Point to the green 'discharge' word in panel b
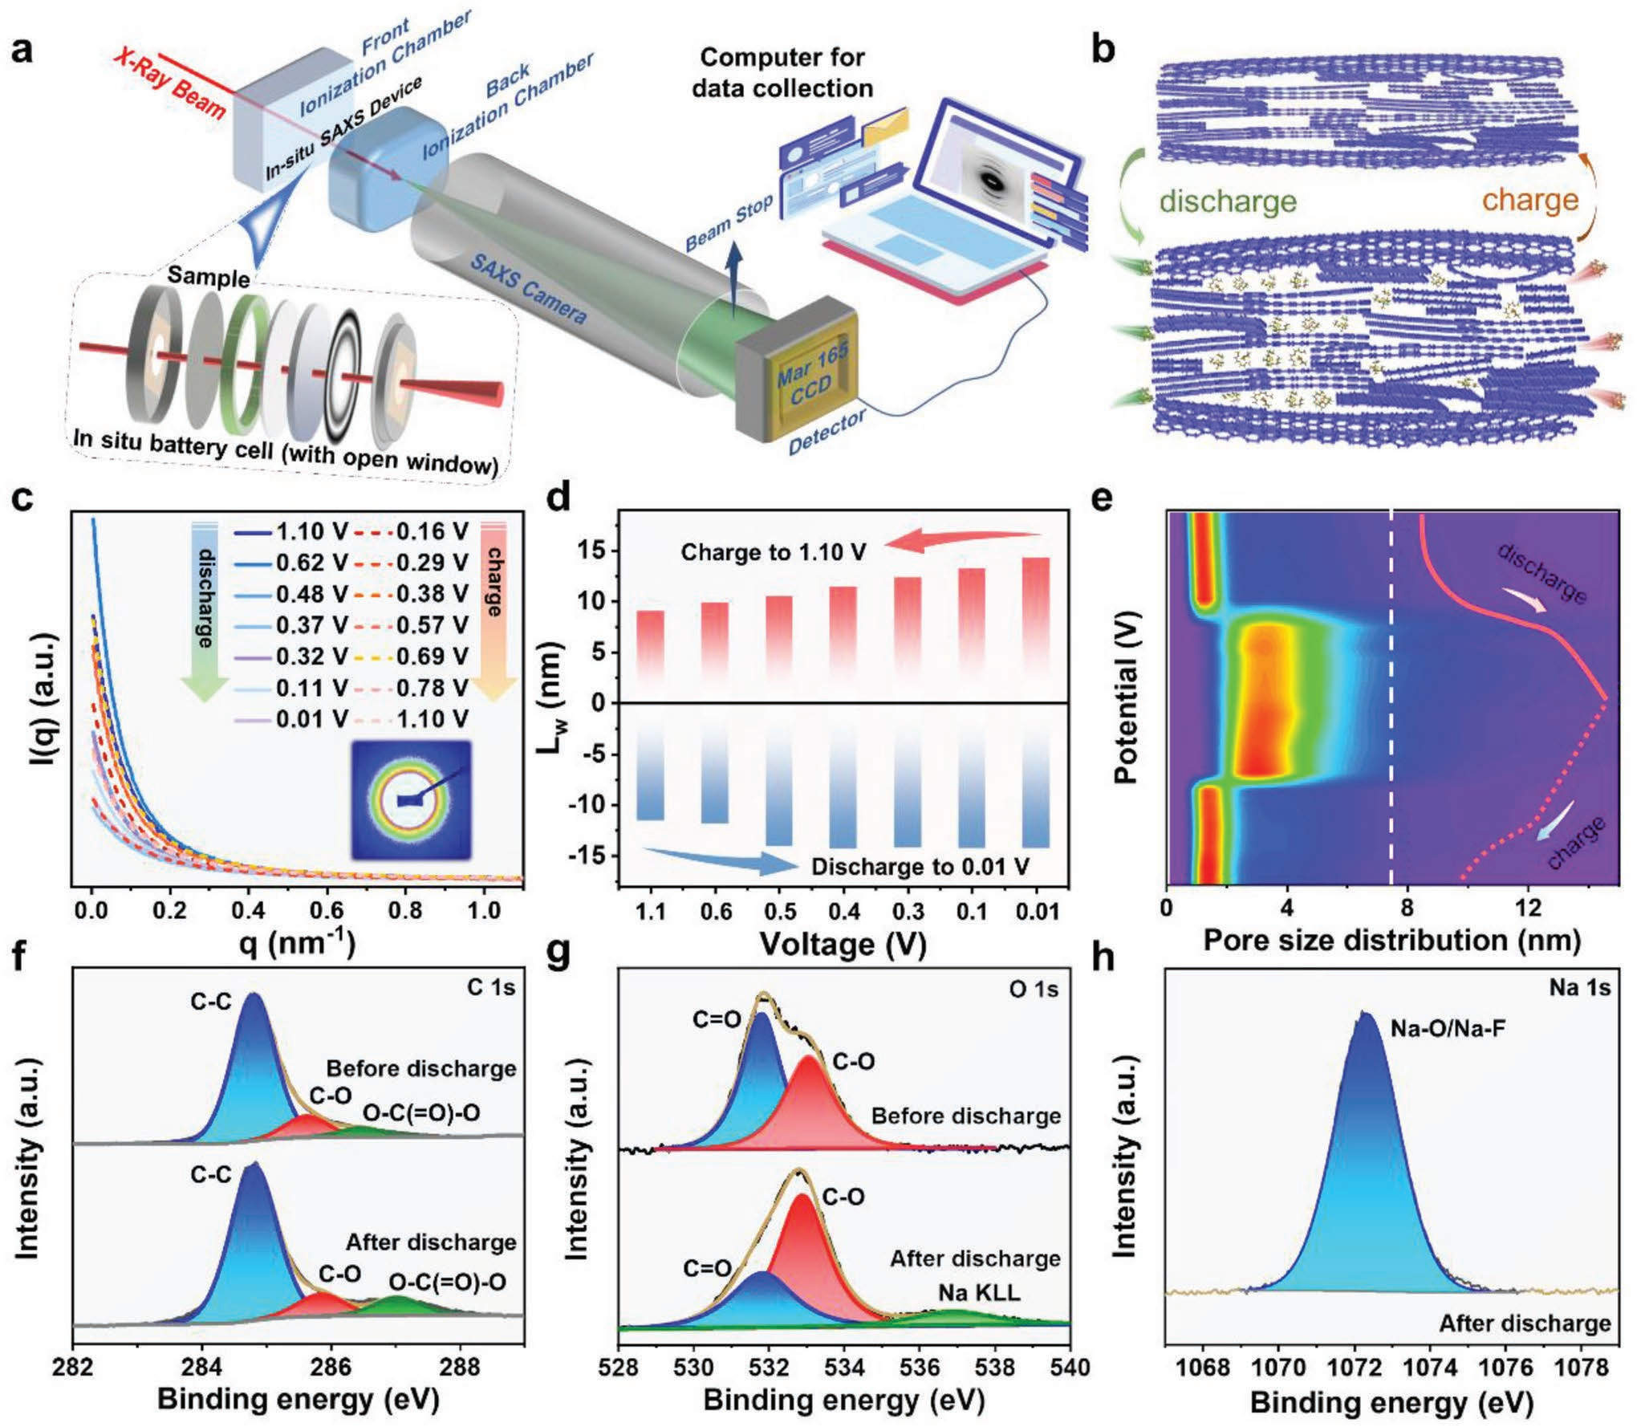coord(1229,201)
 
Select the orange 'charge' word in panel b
coord(1529,199)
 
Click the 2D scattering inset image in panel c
coord(411,800)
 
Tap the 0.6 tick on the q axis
coord(328,910)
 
